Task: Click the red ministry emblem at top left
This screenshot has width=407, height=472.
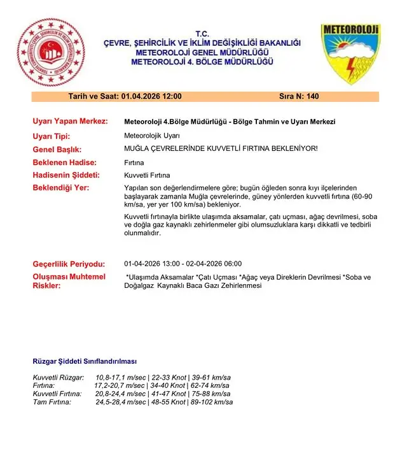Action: tap(50, 53)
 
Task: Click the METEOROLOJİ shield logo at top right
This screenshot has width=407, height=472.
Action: tap(350, 54)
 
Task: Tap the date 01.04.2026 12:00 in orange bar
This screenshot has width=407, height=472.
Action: tap(151, 96)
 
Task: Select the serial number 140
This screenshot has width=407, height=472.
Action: tap(312, 96)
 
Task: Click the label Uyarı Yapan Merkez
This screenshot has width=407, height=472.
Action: tap(70, 121)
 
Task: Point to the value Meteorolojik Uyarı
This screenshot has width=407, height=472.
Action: tap(153, 136)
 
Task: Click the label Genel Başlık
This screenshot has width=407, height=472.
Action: tap(59, 149)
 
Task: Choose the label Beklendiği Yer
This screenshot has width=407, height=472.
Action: tap(61, 188)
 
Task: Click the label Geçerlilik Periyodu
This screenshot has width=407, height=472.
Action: tap(68, 264)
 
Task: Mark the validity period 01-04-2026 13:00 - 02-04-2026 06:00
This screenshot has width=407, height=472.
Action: tap(183, 264)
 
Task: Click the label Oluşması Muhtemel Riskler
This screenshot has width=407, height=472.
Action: tap(69, 281)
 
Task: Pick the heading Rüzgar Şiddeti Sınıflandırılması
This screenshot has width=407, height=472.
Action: tap(84, 361)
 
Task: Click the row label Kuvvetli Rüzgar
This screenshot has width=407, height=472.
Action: tap(59, 378)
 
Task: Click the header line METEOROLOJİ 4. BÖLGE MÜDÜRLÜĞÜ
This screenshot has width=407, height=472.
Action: tap(202, 61)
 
